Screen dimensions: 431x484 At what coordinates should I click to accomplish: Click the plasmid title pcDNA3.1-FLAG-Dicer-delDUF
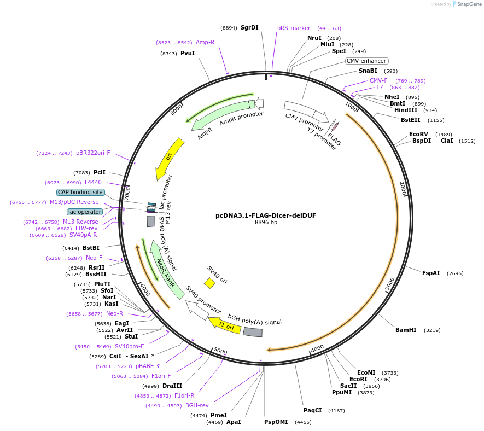tap(266, 215)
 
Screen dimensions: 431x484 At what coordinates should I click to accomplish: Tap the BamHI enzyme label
tap(406, 330)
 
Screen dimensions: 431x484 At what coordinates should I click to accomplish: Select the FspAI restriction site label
tap(431, 273)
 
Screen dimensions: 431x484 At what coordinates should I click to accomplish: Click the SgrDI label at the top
tap(249, 27)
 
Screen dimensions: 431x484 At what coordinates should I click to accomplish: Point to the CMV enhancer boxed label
tap(366, 61)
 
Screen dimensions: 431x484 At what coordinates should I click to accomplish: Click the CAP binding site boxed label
tap(80, 192)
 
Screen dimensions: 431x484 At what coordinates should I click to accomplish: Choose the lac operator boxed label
tap(85, 212)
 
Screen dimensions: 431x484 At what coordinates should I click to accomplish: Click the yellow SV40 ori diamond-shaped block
tap(209, 283)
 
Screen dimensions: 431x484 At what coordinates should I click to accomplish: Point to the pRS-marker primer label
tap(294, 28)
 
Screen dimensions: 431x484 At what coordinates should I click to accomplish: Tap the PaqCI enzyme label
tap(313, 410)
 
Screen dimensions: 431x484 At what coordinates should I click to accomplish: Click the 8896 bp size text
tap(266, 223)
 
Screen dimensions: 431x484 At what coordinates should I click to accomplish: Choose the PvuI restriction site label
tap(188, 53)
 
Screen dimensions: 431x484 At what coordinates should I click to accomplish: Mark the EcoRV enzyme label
tap(418, 134)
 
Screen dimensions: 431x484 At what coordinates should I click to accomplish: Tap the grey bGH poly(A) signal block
tap(253, 332)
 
